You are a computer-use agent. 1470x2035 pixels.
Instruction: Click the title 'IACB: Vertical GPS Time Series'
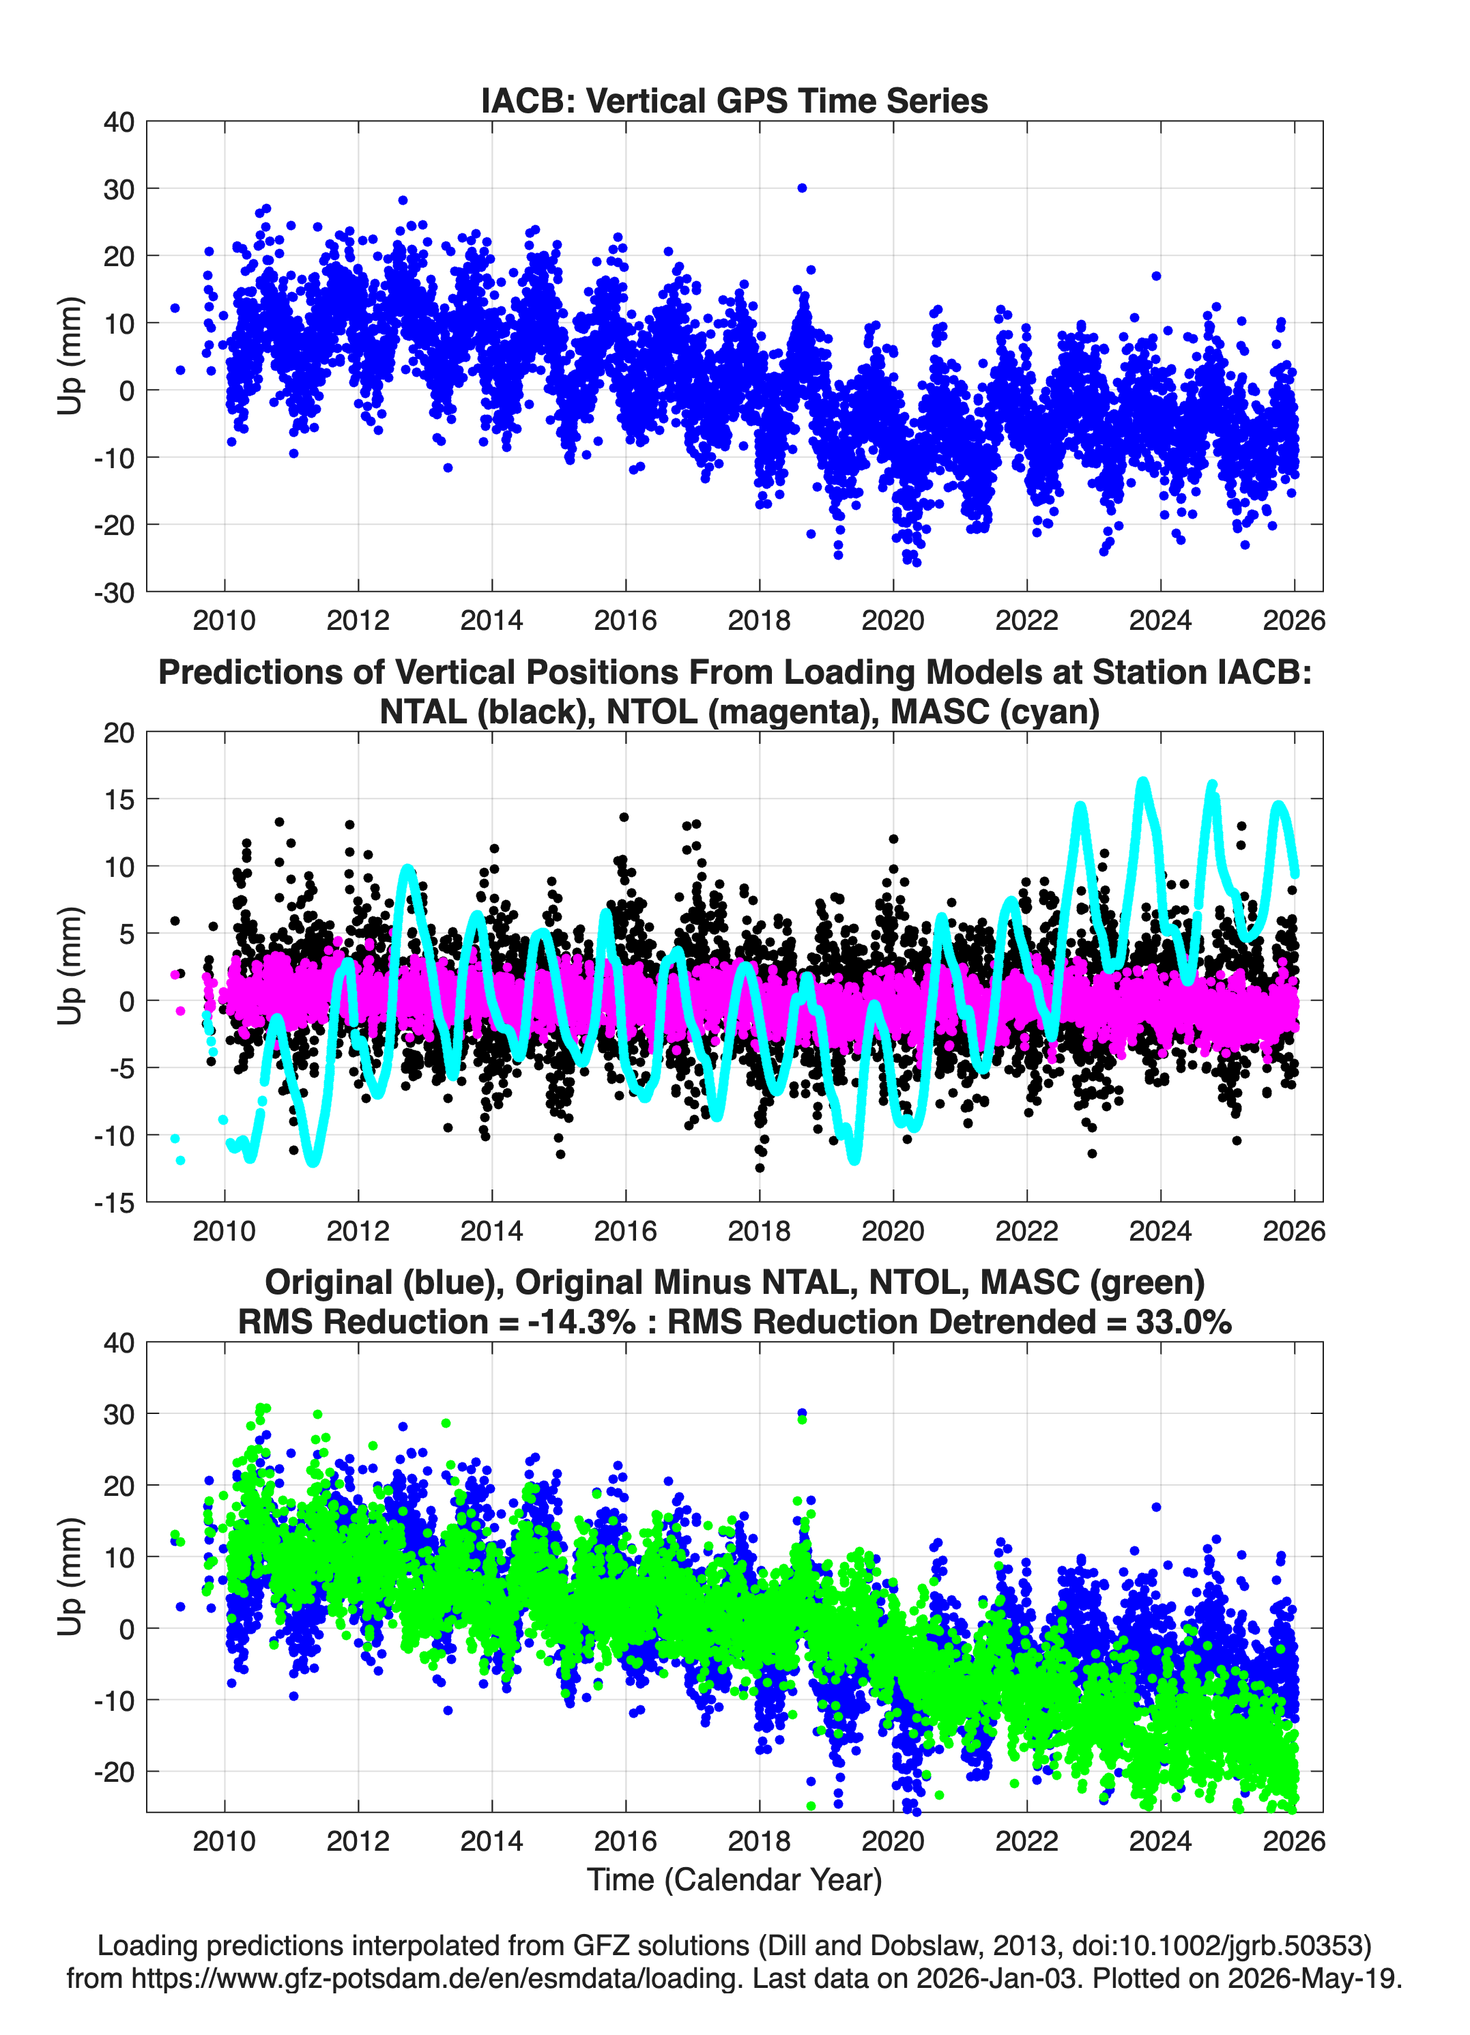[x=734, y=100]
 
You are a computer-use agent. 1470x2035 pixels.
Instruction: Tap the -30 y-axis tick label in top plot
[x=114, y=593]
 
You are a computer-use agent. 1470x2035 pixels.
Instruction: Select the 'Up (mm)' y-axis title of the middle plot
[x=70, y=966]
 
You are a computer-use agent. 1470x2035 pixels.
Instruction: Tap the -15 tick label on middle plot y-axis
[x=114, y=1203]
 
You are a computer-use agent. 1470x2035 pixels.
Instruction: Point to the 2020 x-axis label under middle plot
[x=893, y=1231]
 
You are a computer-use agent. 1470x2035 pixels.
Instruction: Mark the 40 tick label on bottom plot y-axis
[x=119, y=1343]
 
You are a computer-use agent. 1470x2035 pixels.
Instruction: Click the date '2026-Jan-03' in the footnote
[x=997, y=1978]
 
